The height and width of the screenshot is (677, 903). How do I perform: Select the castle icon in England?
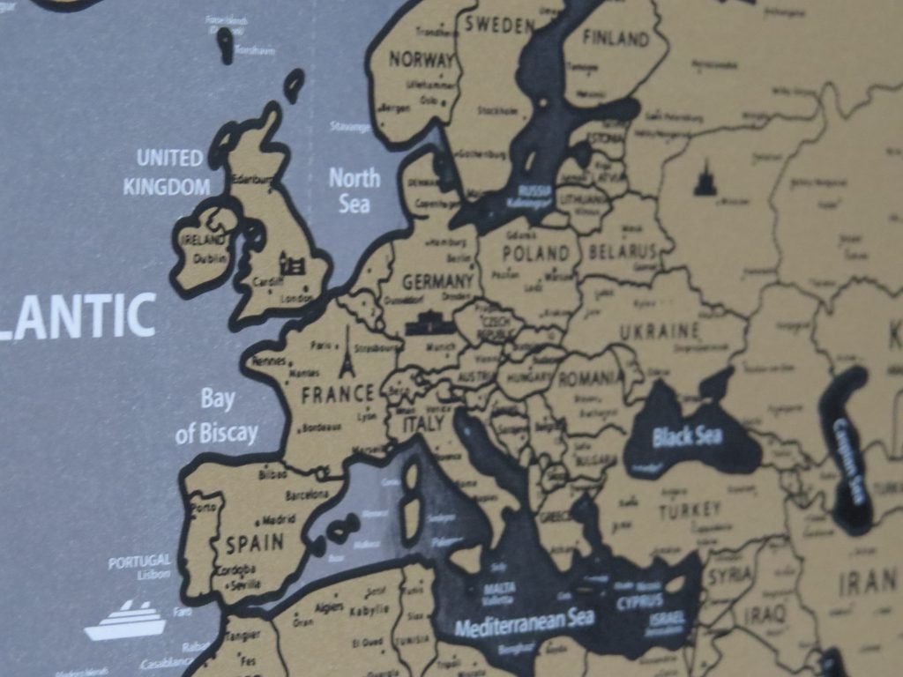coord(292,263)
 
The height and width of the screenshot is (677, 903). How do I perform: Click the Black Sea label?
coord(687,436)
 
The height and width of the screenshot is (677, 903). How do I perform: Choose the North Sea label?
coord(354,190)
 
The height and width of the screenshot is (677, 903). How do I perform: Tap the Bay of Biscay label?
coord(217,416)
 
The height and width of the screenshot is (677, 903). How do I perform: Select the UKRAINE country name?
coord(659,332)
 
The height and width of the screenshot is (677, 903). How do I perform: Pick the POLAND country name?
coord(535,254)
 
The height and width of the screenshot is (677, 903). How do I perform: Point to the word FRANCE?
coord(338,394)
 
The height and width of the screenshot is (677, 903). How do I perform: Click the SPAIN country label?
coord(255,543)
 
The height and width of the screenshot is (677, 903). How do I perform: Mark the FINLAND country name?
coord(616,39)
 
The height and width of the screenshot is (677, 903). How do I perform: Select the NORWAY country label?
coord(421,61)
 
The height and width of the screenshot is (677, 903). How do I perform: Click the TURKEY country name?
coord(690,510)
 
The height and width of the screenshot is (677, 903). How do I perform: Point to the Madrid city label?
coord(279,519)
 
